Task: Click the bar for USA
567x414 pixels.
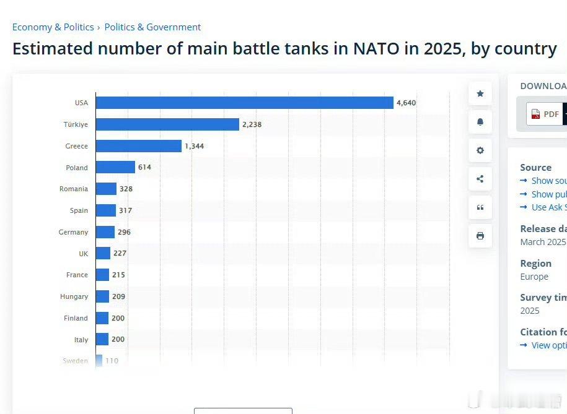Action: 244,103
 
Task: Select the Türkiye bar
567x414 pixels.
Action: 167,124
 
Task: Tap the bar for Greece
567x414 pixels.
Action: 139,146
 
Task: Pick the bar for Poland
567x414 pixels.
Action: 115,167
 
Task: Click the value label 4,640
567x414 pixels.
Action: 406,103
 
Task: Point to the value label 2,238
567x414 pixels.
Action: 252,124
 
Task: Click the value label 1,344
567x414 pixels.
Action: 194,146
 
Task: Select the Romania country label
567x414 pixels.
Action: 74,189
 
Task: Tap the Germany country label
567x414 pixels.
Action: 73,232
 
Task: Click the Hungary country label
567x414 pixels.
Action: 74,296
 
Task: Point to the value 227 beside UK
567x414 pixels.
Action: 120,253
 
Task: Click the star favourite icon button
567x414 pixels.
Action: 480,93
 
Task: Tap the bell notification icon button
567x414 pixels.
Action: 480,122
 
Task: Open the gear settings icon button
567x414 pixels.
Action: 480,150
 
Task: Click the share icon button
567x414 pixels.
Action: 480,179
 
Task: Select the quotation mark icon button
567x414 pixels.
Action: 480,207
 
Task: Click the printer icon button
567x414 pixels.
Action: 480,236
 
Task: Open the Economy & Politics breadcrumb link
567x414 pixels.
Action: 53,27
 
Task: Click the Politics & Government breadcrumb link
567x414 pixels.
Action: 152,27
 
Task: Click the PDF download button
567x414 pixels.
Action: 545,114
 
